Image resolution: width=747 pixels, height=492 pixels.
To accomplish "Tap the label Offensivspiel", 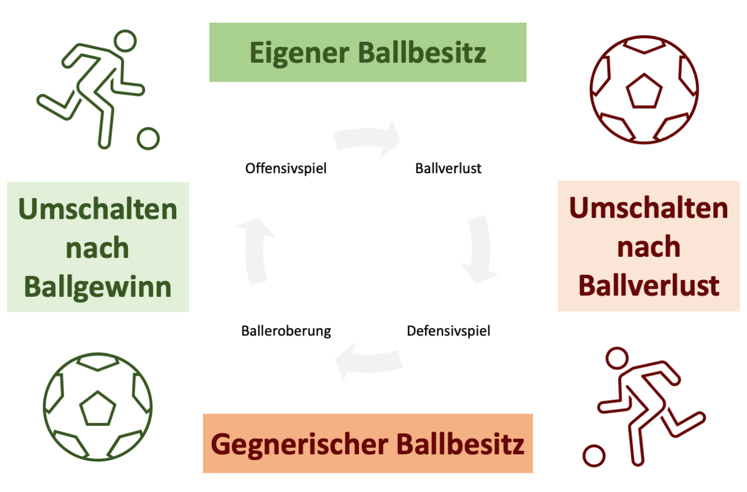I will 286,169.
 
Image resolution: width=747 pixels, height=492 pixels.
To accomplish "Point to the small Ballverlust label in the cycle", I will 448,169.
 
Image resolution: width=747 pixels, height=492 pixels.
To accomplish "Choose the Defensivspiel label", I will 448,331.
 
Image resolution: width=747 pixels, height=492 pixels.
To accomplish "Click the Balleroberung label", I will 286,331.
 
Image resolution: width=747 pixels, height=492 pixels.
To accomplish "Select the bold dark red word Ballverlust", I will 649,285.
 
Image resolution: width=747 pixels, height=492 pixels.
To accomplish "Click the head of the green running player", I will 124,42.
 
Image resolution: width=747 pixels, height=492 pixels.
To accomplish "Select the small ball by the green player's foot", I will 148,139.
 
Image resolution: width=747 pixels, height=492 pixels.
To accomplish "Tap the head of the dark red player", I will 617,358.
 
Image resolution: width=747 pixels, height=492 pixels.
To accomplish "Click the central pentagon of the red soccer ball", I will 644,91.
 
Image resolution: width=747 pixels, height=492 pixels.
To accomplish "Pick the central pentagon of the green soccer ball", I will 97,408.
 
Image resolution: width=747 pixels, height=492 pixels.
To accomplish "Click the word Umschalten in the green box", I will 98,209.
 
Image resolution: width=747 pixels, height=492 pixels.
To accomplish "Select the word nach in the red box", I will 649,246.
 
